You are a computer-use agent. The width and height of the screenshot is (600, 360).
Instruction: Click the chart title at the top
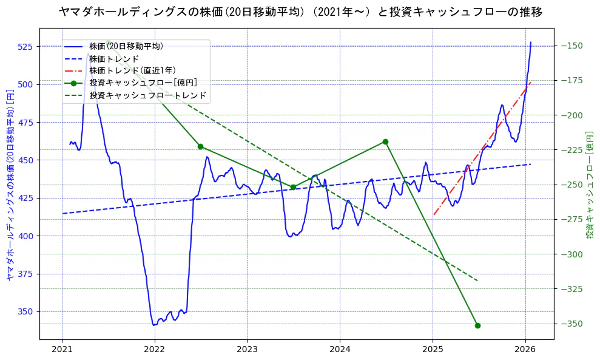(300, 12)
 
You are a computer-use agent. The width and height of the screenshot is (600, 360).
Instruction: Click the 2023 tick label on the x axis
(247, 349)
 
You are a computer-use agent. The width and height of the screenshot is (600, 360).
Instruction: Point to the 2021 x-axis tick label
(62, 349)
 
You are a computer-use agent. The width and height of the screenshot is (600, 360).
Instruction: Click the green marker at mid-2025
(477, 325)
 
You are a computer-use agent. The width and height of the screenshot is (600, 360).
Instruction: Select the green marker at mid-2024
(385, 141)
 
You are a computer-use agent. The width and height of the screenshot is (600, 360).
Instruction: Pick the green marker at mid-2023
(293, 187)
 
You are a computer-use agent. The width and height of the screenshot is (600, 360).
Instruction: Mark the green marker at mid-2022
(200, 146)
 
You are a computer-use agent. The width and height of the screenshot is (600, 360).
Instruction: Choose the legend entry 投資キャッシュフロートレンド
(148, 95)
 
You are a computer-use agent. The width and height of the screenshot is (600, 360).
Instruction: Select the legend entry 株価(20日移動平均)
(126, 46)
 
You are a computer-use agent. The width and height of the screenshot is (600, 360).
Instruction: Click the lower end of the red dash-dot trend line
(434, 214)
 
